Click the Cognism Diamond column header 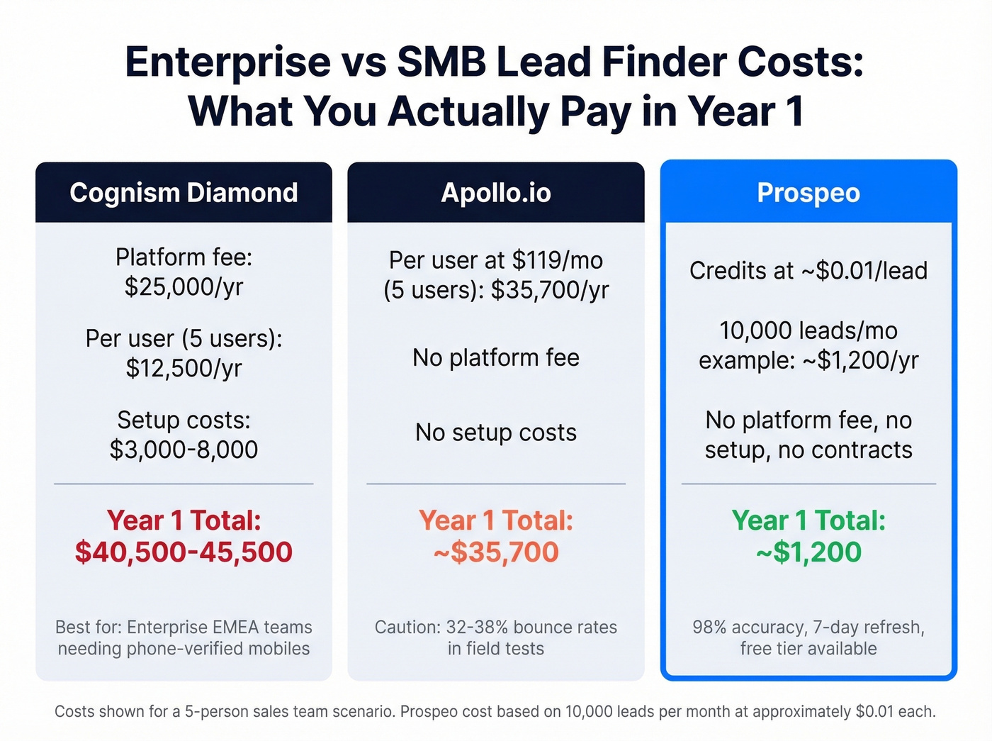pos(184,193)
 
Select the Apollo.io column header pos(495,193)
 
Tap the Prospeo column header pos(808,193)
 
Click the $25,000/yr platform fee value pos(184,286)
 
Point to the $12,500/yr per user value pos(184,368)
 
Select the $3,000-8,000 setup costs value pos(184,450)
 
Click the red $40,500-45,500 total pos(184,552)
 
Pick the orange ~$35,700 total pos(495,552)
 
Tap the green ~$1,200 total pos(808,552)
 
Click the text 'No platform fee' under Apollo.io pos(495,357)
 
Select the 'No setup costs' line pos(495,432)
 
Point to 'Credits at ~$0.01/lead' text pos(808,270)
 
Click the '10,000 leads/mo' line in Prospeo pos(808,330)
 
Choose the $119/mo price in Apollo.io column pos(557,260)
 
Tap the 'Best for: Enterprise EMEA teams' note pos(184,628)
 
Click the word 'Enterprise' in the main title pos(227,62)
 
